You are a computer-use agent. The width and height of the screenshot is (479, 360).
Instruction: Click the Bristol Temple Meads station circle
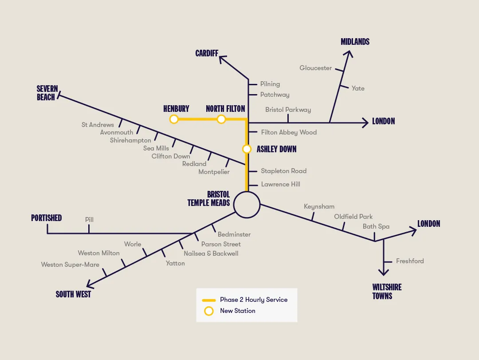pos(247,205)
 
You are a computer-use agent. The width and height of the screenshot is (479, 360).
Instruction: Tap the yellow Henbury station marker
pos(174,119)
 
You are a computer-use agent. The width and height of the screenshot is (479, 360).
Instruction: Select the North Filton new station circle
pos(221,119)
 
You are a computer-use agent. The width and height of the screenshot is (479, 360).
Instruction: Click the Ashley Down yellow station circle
pos(247,149)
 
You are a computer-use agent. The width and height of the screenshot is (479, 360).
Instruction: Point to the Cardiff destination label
pos(207,53)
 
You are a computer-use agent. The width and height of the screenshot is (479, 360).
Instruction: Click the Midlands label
pos(355,42)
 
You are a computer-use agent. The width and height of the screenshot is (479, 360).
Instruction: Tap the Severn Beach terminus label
pos(47,93)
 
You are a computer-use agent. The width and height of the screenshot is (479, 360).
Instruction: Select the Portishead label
pos(46,218)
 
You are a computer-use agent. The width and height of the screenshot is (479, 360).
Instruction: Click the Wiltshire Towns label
pos(387,291)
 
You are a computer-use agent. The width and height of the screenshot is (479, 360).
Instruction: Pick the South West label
pos(73,294)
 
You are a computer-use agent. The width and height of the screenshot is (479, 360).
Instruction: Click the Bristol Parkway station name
pos(288,110)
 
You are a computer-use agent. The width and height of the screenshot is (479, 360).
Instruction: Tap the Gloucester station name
pos(315,68)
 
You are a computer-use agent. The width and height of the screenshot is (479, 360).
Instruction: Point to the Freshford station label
pos(410,261)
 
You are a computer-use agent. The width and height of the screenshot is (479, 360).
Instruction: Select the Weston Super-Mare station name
pos(70,265)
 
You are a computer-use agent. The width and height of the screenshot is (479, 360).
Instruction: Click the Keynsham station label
pos(319,206)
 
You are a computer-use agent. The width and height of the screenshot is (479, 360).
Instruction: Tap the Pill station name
pos(89,220)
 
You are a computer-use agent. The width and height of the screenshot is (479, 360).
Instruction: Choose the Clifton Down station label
pos(171,156)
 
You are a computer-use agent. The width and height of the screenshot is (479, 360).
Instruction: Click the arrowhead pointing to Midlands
pos(349,54)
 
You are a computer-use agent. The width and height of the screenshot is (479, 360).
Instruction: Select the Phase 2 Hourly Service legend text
pos(254,300)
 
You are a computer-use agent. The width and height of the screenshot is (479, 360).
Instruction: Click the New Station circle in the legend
pos(208,311)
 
